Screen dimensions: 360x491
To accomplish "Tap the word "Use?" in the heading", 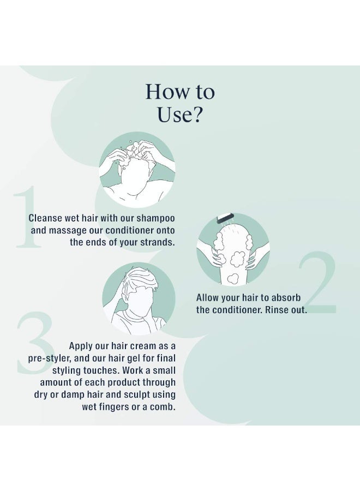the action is click(x=179, y=115).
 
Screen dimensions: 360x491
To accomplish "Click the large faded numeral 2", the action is click(x=317, y=283).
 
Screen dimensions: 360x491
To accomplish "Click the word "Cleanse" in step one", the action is click(x=45, y=218).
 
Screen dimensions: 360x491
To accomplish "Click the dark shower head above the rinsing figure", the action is click(x=225, y=218).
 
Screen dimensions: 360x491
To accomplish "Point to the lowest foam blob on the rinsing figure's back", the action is click(x=232, y=278).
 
